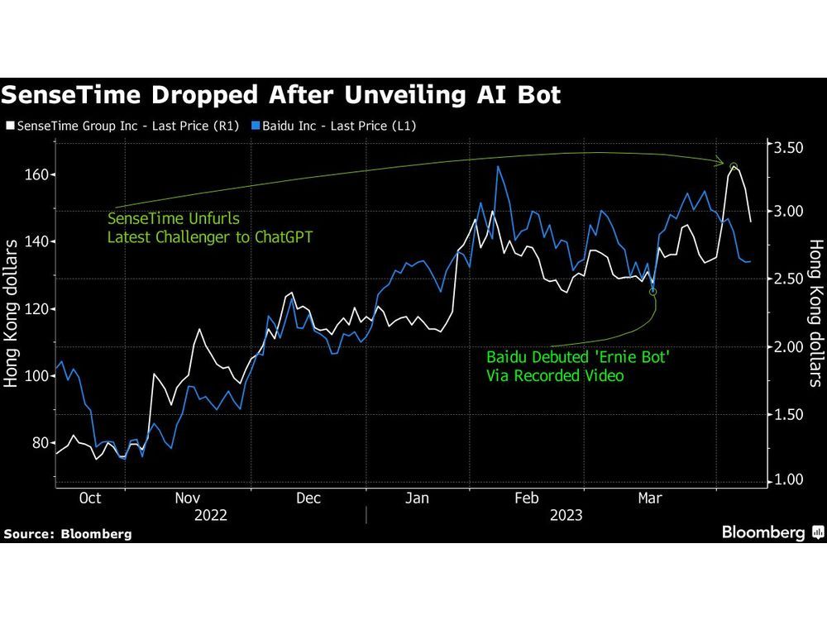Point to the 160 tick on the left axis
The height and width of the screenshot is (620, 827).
coord(37,174)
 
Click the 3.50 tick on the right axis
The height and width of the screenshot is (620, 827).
coord(787,148)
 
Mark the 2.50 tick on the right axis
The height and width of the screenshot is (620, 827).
coord(787,280)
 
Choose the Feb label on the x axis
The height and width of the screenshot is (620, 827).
coord(527,498)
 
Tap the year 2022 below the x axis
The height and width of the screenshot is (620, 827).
coord(212,515)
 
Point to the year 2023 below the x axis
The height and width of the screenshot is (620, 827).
coord(565,515)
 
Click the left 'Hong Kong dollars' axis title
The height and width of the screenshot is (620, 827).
coord(13,314)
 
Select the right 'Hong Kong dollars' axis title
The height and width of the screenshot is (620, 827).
coord(815,314)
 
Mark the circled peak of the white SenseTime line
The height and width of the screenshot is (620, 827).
coord(734,166)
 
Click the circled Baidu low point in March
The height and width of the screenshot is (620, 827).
coord(653,291)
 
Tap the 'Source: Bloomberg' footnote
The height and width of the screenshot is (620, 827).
coord(67,534)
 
